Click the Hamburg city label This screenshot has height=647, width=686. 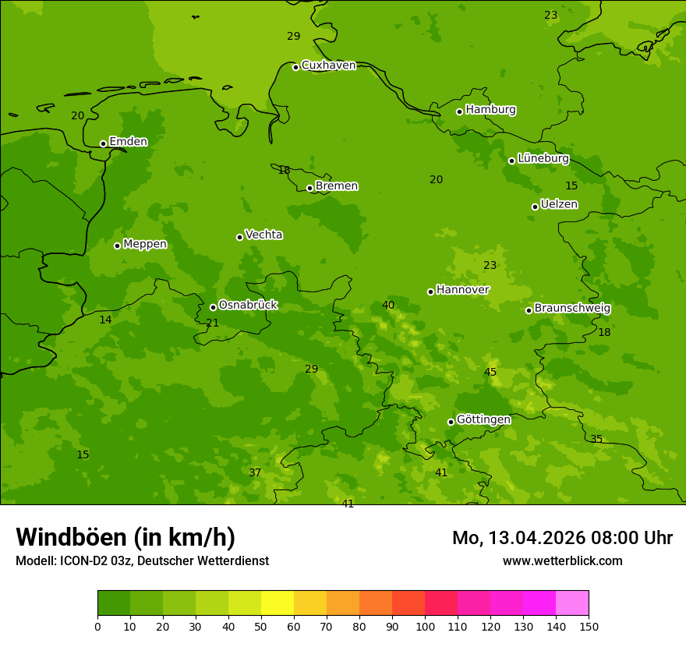(x=490, y=110)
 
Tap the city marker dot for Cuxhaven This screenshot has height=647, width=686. (x=295, y=67)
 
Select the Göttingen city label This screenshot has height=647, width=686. (x=483, y=419)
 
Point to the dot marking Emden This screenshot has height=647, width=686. (x=103, y=143)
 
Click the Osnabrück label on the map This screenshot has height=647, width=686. (x=248, y=305)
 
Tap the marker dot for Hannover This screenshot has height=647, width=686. (x=430, y=292)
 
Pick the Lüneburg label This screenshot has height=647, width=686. (x=543, y=158)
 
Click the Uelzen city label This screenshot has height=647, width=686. (x=559, y=204)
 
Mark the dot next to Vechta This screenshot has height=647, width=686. (x=239, y=237)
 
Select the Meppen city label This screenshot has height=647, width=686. (x=145, y=244)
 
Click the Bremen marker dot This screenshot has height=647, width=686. (x=309, y=188)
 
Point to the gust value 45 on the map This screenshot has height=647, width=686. (x=490, y=372)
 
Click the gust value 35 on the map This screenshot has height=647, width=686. (x=596, y=439)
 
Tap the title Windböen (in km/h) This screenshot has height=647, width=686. (x=126, y=537)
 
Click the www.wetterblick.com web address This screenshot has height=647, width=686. (x=562, y=560)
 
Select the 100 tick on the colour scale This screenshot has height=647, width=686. (x=425, y=626)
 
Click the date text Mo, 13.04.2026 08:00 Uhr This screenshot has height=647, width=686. (x=562, y=538)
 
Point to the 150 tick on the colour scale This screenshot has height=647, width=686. (x=589, y=626)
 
